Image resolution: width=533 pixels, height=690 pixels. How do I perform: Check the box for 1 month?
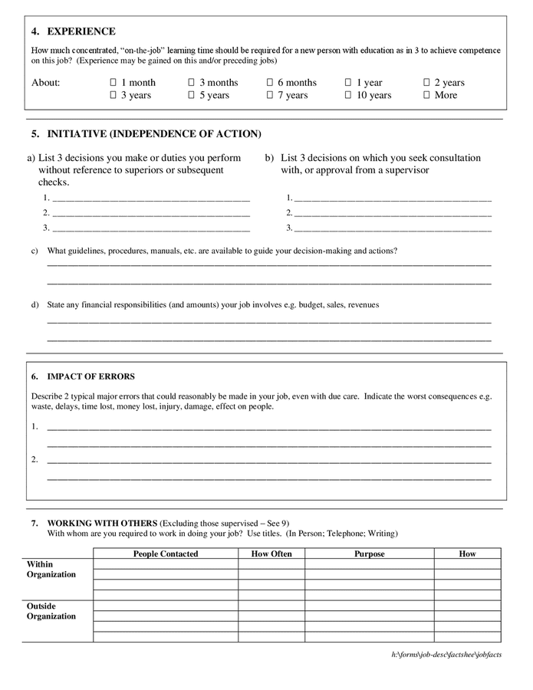coord(113,83)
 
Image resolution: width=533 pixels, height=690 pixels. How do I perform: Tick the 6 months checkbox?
coord(270,83)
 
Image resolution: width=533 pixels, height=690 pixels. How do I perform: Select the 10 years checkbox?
coord(348,96)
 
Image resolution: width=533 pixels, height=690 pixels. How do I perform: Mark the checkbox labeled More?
coord(426,96)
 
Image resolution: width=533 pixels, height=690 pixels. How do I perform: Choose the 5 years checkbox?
coord(191,96)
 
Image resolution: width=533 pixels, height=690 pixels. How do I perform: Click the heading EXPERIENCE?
coord(81,31)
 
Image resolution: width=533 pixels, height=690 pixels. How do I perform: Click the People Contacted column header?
coord(166,554)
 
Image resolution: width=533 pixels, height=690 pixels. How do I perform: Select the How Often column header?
coord(271,554)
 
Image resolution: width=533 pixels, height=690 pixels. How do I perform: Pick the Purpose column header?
coord(370,554)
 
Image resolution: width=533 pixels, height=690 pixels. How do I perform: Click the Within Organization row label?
coord(51,569)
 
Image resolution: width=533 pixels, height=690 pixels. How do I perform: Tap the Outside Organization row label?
coord(51,610)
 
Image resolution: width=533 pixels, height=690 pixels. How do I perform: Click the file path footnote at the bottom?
coord(446,655)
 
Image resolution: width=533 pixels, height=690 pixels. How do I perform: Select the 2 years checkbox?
coord(426,83)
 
